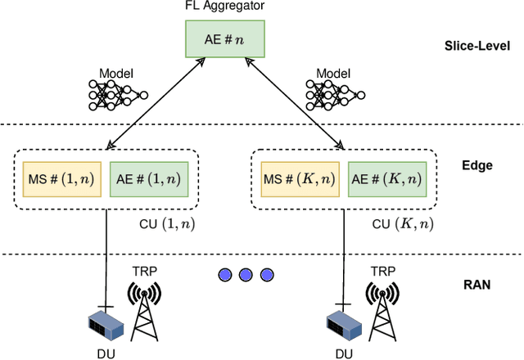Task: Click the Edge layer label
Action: [x=477, y=165]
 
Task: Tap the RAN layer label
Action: [x=477, y=286]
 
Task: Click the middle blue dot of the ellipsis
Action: [x=244, y=275]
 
